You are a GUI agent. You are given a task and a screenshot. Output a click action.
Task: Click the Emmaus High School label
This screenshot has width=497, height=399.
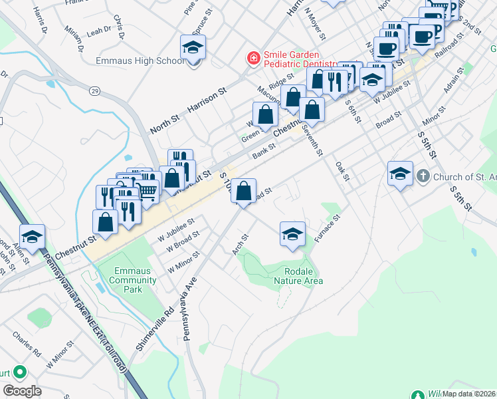[x=139, y=61]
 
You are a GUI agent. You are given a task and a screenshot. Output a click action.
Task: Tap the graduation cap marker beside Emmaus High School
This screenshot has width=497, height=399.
[x=193, y=49]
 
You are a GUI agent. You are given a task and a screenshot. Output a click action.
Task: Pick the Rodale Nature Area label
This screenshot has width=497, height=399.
[x=298, y=276]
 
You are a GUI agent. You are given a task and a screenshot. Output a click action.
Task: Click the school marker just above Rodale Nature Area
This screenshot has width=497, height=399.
[x=292, y=234]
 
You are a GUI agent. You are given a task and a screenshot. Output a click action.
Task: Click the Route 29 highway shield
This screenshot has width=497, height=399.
[x=96, y=72]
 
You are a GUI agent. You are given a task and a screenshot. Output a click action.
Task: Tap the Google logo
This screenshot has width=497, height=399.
[x=21, y=390]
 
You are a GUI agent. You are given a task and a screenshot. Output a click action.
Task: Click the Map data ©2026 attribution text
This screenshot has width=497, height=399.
[x=469, y=394]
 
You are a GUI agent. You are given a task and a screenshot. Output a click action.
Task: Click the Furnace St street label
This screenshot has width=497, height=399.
[x=328, y=228]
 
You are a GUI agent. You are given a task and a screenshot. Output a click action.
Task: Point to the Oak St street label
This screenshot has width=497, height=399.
[x=342, y=171]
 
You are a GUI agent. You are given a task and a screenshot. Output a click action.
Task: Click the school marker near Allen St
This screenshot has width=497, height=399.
[x=32, y=236]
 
